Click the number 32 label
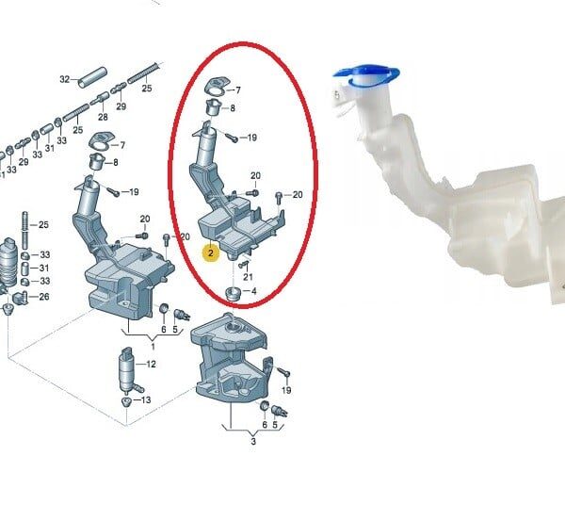tap(64, 79)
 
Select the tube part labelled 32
tap(93, 77)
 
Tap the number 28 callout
tap(103, 117)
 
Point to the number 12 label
tap(151, 365)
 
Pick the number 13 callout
tap(146, 399)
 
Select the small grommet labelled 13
tap(126, 401)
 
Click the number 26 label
tap(44, 297)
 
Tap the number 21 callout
tap(248, 277)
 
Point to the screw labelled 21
tap(244, 265)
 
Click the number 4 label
tap(254, 291)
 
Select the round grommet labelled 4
tap(233, 293)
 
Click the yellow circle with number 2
tap(210, 253)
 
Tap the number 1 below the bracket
tap(153, 347)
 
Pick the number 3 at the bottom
tap(253, 441)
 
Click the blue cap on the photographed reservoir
tap(366, 75)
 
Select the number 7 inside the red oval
tap(238, 90)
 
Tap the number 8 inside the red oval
tap(233, 107)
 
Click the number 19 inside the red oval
tap(251, 138)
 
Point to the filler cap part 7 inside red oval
tap(217, 87)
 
